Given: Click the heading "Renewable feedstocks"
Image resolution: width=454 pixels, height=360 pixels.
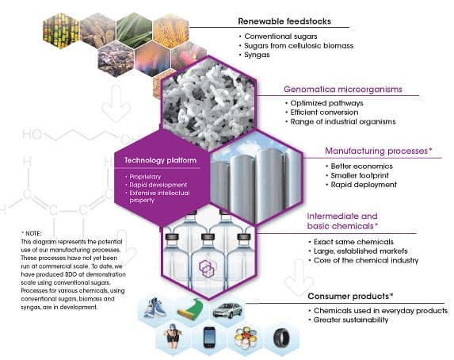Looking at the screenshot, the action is [x=284, y=21].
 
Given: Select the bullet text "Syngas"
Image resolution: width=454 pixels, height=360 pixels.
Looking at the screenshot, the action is [x=257, y=55].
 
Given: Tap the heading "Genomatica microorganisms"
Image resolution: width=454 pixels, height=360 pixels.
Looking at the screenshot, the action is [x=343, y=89].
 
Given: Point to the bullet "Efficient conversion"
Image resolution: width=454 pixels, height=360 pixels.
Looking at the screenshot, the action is [x=324, y=112].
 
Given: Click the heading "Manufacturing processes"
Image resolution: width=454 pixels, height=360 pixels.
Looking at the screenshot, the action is [x=376, y=151].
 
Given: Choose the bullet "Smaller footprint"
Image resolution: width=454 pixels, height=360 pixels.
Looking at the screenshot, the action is [x=360, y=175].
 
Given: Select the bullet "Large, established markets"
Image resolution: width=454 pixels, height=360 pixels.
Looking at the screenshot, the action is [x=361, y=251].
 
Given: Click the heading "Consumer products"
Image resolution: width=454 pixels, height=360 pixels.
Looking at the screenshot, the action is [x=349, y=297].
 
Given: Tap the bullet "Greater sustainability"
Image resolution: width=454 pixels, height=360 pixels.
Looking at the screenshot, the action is [x=351, y=320].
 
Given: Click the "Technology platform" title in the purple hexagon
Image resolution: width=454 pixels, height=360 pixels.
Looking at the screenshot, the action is [x=160, y=160].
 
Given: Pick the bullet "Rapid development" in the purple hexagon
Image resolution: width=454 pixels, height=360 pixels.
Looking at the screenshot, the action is [x=158, y=185].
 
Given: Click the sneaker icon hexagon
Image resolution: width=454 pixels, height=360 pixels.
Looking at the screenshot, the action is [x=155, y=309].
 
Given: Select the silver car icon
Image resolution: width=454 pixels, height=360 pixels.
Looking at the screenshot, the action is [x=227, y=310].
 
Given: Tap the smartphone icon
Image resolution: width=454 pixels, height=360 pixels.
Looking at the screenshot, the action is [x=209, y=337].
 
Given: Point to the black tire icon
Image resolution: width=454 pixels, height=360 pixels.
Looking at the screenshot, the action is [x=281, y=338].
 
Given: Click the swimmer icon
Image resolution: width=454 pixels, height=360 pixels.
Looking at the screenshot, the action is [x=173, y=336].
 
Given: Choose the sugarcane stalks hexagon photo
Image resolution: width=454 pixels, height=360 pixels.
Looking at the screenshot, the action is [x=61, y=30].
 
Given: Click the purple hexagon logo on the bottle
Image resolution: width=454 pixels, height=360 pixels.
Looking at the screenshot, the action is [x=207, y=268].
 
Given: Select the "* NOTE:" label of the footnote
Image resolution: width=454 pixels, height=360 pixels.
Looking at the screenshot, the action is [x=31, y=233].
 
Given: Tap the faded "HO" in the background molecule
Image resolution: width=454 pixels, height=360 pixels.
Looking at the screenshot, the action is [x=32, y=135].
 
